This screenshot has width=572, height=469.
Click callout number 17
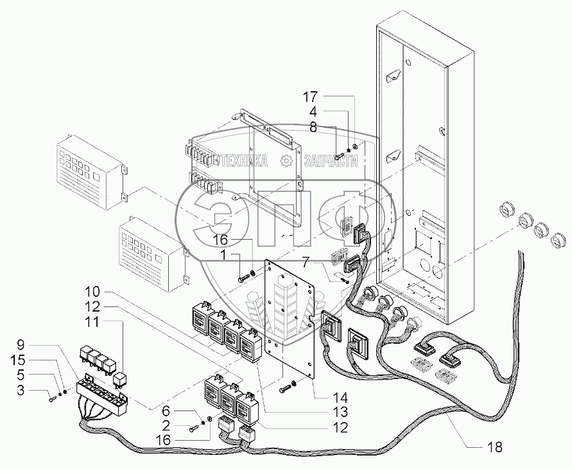tap(309, 98)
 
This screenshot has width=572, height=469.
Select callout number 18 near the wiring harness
tap(494, 447)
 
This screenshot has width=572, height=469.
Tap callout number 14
tap(339, 398)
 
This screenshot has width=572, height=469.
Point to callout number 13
tap(339, 412)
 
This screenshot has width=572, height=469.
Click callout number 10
tap(92, 292)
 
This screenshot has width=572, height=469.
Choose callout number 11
tap(92, 323)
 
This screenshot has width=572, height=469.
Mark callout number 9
tap(21, 344)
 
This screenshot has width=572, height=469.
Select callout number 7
tap(306, 261)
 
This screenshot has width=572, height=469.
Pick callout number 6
tap(166, 411)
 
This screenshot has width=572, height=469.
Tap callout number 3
tap(21, 390)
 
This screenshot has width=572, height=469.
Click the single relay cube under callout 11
tap(119, 380)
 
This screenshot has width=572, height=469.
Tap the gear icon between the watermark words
tap(286, 161)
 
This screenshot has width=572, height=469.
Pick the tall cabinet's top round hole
tap(408, 62)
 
